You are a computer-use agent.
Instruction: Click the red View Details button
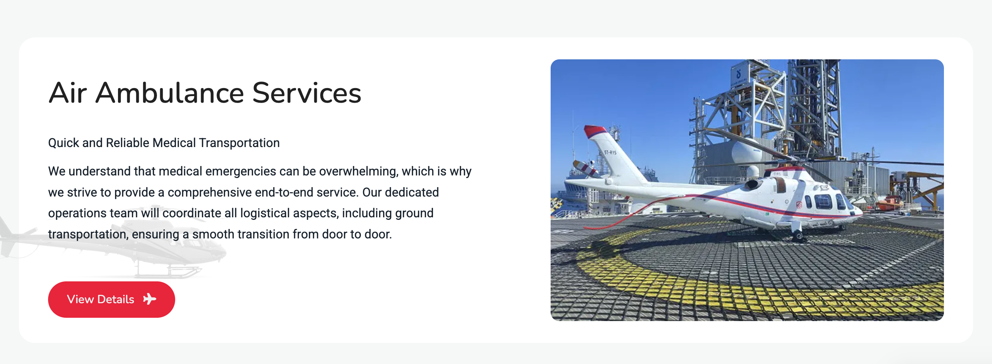(x=111, y=299)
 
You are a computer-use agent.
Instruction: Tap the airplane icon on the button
(x=149, y=299)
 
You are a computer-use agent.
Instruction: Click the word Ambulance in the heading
(x=170, y=93)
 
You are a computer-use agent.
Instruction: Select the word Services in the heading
(x=307, y=93)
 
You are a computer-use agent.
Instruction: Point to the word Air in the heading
(x=68, y=93)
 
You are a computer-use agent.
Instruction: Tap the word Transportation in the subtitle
(x=239, y=143)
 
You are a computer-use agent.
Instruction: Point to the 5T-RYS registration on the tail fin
(x=610, y=153)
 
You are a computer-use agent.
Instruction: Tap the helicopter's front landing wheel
(x=799, y=234)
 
